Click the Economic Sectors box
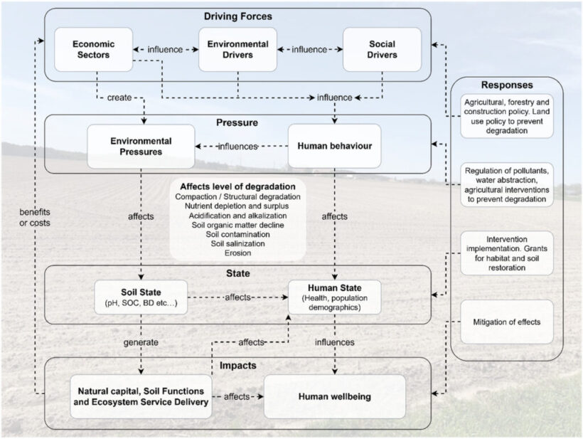94,50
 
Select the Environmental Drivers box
238,50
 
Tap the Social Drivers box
383,50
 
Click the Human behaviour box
335,146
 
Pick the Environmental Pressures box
141,146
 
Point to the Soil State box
141,297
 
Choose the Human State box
335,297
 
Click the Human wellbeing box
335,396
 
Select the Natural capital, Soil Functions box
141,396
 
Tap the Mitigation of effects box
507,322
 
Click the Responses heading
507,85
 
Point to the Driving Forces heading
238,16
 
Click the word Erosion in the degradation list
238,253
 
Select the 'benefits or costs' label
35,217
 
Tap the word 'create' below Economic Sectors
119,97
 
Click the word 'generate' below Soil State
141,342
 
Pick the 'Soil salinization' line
238,243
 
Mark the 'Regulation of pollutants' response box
507,184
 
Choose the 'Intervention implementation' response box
507,253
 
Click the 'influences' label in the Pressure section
238,147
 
